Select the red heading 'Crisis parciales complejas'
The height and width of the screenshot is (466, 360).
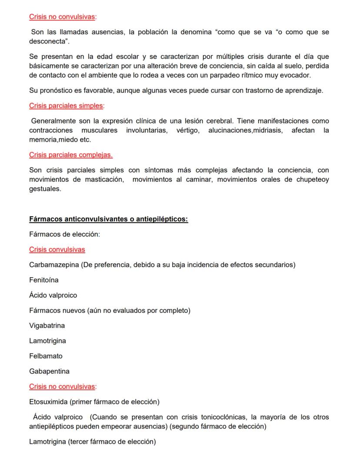71,155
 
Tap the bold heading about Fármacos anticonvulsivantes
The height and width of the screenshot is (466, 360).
108,219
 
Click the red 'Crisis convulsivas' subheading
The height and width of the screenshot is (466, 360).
57,249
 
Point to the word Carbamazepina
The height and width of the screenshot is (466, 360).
54,265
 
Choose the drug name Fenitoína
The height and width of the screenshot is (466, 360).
44,280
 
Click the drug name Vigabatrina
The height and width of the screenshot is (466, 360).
47,325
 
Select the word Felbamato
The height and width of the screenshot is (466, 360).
46,356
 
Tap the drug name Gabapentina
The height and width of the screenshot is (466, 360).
49,371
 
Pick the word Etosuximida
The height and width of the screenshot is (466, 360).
48,402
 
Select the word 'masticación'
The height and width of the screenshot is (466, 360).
104,180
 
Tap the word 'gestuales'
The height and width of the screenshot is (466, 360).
45,189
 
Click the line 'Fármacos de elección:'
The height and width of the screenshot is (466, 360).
64,234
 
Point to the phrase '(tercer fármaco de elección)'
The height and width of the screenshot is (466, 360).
112,442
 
